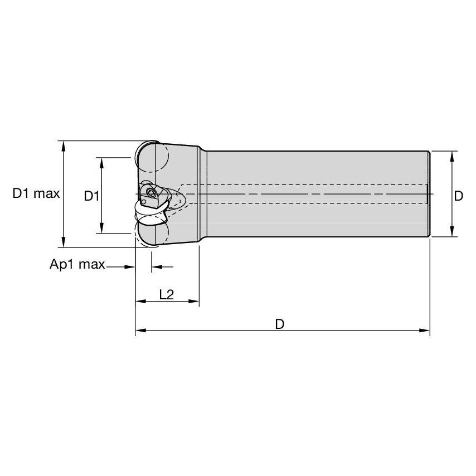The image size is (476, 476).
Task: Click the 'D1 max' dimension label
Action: pyautogui.click(x=36, y=194)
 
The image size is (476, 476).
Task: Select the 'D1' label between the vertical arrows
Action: pyautogui.click(x=91, y=196)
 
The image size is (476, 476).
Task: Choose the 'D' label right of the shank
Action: pyautogui.click(x=459, y=196)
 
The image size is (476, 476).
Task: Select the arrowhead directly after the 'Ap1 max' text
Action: pyautogui.click(x=131, y=267)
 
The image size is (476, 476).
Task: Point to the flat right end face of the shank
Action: pyautogui.click(x=429, y=194)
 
